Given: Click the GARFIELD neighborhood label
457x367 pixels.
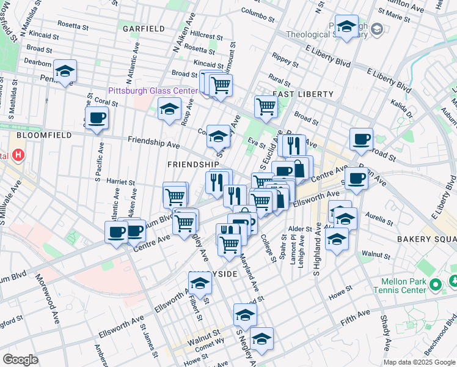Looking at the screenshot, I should [143, 29].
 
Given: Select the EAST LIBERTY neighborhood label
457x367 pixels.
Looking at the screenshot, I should [303, 94].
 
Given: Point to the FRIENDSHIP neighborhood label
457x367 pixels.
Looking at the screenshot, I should [193, 165].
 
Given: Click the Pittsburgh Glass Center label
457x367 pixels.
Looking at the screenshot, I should [153, 91].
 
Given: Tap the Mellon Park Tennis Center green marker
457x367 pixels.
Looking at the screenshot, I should [435, 284].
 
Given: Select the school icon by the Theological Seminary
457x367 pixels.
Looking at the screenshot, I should [346, 27].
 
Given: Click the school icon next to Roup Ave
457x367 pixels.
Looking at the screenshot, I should [169, 109].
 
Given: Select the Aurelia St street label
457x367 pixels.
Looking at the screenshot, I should [378, 216].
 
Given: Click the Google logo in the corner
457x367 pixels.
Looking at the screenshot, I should [21, 360].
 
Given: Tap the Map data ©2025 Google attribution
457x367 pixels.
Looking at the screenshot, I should [419, 362].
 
